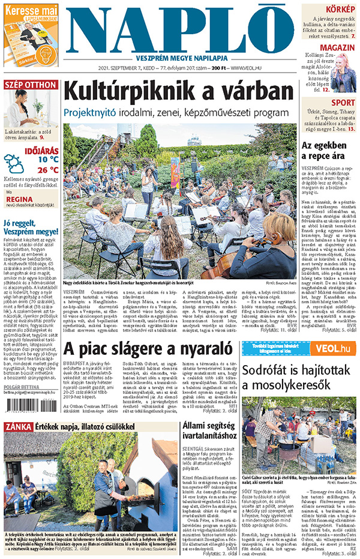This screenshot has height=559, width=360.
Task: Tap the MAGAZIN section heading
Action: click(337, 47)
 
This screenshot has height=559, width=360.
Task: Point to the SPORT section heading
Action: click(343, 103)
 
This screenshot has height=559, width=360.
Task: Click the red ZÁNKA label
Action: click(17, 426)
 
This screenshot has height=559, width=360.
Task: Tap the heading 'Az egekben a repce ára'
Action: click(328, 151)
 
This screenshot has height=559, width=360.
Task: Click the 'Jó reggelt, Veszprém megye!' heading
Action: click(31, 227)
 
